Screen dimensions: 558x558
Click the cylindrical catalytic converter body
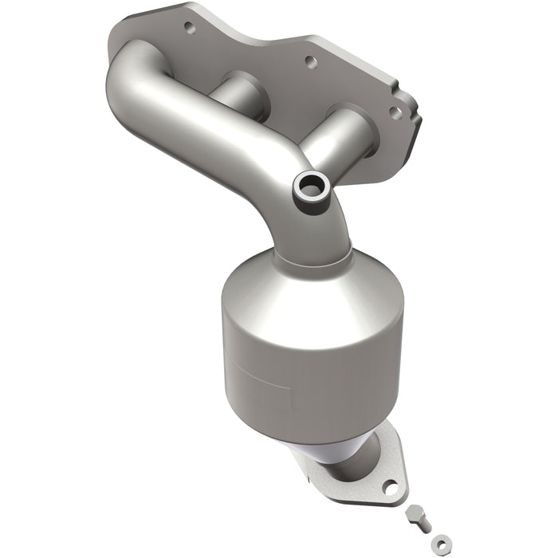pyautogui.click(x=311, y=351)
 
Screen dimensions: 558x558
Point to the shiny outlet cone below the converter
pyautogui.click(x=335, y=454)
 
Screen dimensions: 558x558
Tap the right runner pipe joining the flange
pyautogui.click(x=343, y=143)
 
